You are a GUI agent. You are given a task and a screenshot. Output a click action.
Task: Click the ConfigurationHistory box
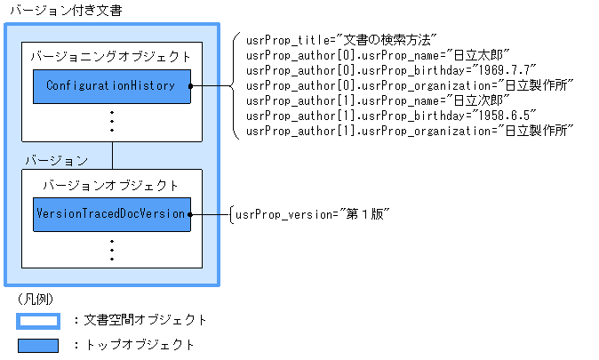coord(112,86)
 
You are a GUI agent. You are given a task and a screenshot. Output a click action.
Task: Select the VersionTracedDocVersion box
coord(112,214)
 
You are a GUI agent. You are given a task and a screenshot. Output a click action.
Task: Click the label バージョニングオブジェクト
coord(110,56)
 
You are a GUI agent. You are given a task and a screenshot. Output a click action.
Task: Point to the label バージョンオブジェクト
coord(111,186)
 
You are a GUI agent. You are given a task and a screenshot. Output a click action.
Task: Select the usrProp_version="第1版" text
coord(312,215)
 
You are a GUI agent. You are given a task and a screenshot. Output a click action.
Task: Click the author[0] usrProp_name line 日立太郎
coord(378,56)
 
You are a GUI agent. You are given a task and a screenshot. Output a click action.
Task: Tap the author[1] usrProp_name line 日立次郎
coord(378,100)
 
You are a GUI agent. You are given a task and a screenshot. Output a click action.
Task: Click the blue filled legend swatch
coord(37,345)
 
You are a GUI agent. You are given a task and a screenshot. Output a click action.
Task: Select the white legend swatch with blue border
coord(37,321)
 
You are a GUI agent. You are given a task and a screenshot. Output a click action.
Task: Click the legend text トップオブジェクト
coord(139,345)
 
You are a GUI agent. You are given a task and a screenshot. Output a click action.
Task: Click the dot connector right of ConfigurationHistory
coord(192,86)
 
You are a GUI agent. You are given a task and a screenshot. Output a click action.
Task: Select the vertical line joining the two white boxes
coord(112,155)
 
